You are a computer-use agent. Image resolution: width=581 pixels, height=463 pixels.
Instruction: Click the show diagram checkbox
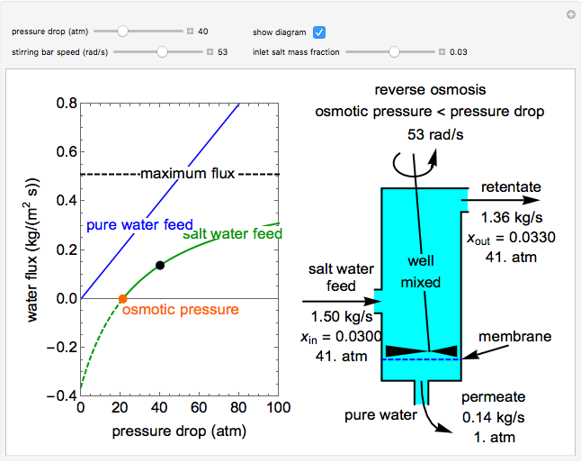pos(319,32)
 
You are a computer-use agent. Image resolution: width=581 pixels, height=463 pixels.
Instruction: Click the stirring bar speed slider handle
pos(162,52)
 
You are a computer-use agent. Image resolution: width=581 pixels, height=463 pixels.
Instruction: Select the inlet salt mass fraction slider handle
pos(394,52)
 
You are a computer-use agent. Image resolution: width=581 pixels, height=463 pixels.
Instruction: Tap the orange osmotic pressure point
pos(123,298)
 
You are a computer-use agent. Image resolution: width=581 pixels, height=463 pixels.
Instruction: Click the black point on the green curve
pos(160,265)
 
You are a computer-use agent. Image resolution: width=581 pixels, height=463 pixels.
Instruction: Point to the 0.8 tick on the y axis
pos(66,104)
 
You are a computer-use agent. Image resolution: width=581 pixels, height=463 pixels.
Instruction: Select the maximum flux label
pos(187,174)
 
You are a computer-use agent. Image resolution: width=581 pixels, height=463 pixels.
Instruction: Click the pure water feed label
pos(127,224)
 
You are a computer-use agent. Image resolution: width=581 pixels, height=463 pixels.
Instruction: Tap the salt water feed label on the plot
pos(232,234)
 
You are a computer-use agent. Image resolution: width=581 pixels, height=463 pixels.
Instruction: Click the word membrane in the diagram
pos(514,336)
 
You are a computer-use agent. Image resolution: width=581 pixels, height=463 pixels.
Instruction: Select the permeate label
pos(493,397)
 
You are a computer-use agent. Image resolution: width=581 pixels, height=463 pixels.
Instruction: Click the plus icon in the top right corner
pos(570,14)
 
